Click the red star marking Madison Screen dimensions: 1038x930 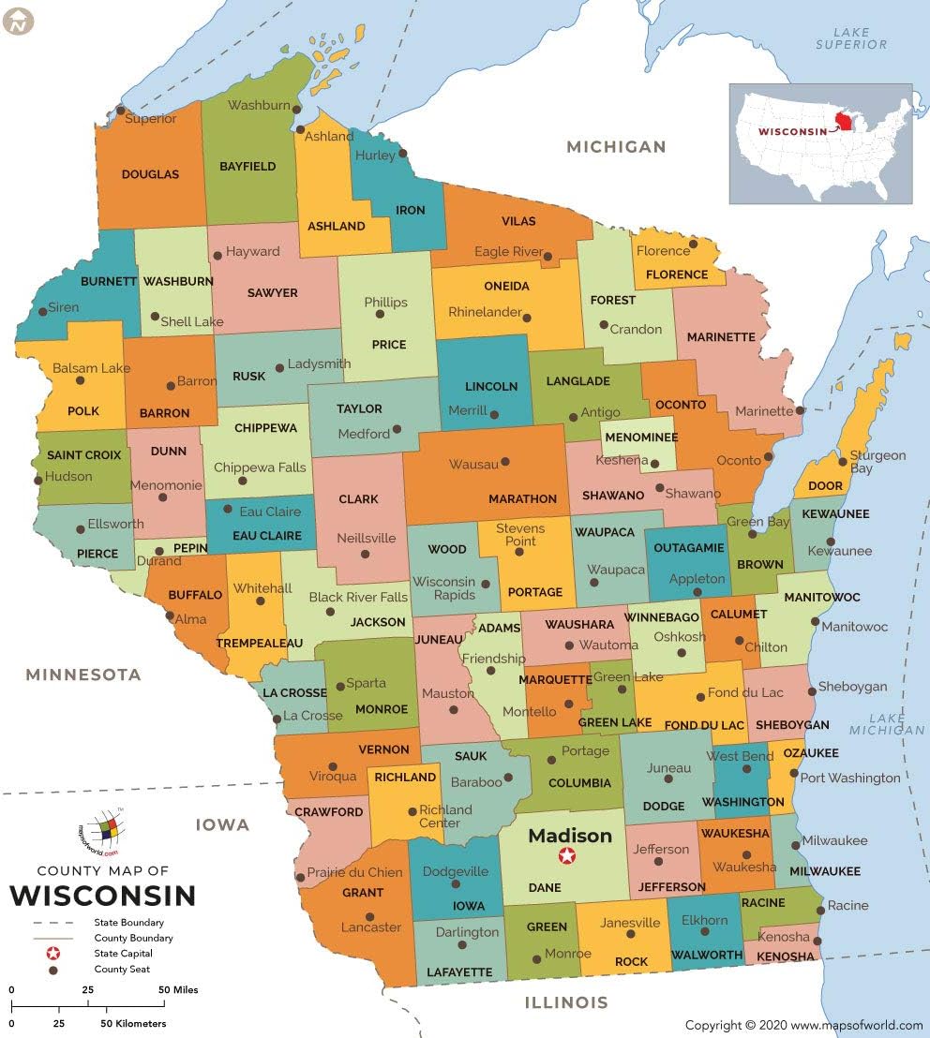coord(567,855)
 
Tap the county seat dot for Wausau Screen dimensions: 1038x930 coord(505,462)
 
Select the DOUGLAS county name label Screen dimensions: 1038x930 coord(150,174)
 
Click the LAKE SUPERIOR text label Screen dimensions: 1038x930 coord(851,38)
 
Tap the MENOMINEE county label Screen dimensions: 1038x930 coord(639,437)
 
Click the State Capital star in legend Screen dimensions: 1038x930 coord(53,953)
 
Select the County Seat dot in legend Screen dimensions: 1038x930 coord(53,970)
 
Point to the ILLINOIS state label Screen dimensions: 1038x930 coord(565,1002)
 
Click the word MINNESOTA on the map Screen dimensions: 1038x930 coord(83,675)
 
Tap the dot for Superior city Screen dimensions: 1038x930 coord(120,110)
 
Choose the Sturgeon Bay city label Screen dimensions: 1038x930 coord(877,462)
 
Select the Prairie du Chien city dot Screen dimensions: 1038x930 coord(300,878)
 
